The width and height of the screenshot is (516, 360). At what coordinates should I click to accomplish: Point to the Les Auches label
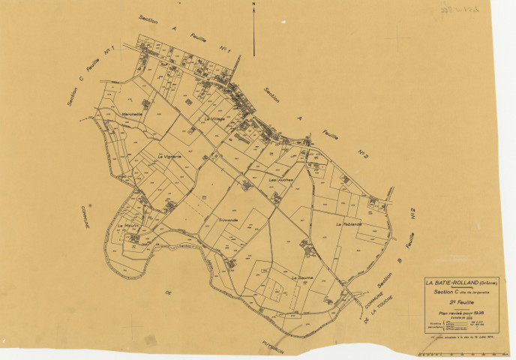[x=280, y=181]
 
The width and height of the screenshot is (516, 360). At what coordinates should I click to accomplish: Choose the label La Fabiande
[x=349, y=224]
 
